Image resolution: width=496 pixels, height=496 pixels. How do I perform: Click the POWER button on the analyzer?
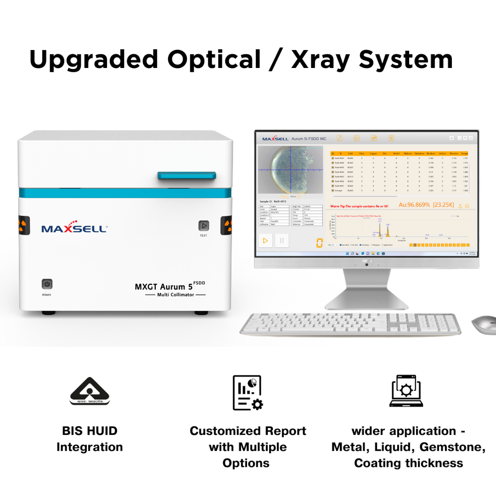47,284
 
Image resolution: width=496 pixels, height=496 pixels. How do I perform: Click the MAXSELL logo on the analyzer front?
74,229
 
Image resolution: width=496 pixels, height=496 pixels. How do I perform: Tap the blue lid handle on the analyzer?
186,176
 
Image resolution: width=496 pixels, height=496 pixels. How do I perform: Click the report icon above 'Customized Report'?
248,393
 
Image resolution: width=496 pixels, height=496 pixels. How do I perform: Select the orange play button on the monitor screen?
265,241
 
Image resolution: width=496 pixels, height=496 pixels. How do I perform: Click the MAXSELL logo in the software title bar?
274,139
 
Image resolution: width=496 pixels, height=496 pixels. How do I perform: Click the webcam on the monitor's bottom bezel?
367,263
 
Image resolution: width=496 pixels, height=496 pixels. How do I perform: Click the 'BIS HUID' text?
90,431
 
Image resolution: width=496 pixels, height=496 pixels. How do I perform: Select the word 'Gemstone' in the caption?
452,447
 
